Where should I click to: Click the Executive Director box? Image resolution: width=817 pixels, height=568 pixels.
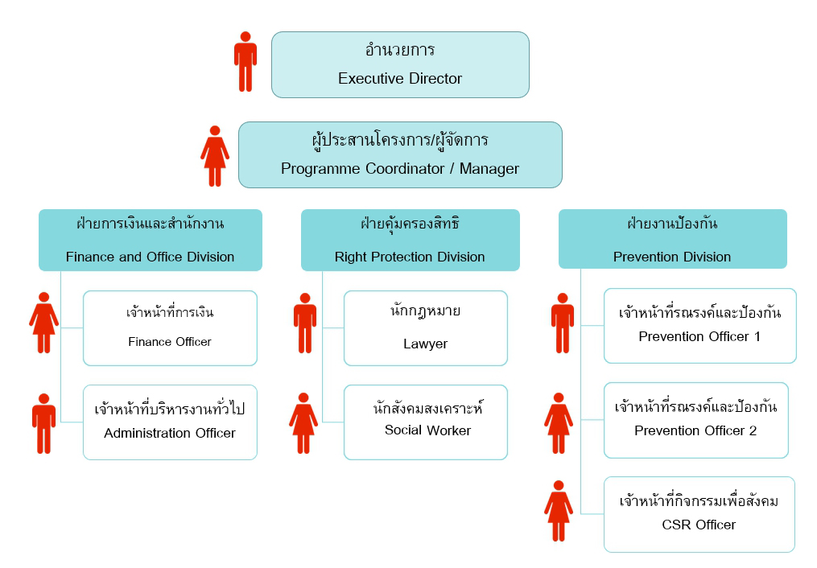[x=400, y=64]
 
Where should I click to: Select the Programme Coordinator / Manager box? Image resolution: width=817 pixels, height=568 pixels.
[x=400, y=154]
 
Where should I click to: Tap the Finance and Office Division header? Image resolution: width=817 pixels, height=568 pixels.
[x=151, y=240]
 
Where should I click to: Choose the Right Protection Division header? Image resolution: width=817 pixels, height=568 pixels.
[x=410, y=240]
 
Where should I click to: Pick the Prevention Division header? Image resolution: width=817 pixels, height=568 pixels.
[x=673, y=239]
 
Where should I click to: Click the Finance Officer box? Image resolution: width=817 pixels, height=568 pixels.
[x=170, y=328]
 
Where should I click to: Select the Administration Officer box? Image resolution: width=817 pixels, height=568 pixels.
[x=170, y=422]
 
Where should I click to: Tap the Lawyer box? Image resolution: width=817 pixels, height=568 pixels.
[x=426, y=328]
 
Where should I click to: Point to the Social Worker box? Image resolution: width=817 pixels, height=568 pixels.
[x=426, y=422]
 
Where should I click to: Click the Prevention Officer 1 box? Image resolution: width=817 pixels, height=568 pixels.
[x=699, y=325]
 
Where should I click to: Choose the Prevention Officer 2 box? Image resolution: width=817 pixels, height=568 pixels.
[x=696, y=420]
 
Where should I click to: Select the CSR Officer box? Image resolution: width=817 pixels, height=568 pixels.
[x=699, y=514]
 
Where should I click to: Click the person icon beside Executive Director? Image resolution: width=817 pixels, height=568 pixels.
[x=246, y=61]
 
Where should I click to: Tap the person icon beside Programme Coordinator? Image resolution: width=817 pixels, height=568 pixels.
[x=215, y=156]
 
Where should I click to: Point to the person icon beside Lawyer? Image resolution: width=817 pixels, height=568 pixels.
[x=305, y=323]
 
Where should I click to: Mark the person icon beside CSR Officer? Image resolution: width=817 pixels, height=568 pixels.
[x=559, y=511]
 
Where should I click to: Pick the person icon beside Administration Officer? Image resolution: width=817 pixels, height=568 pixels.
[x=43, y=424]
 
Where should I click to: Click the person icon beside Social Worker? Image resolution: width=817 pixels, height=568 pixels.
[x=303, y=423]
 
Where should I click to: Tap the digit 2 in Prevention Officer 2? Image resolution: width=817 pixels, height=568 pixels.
[x=753, y=430]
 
